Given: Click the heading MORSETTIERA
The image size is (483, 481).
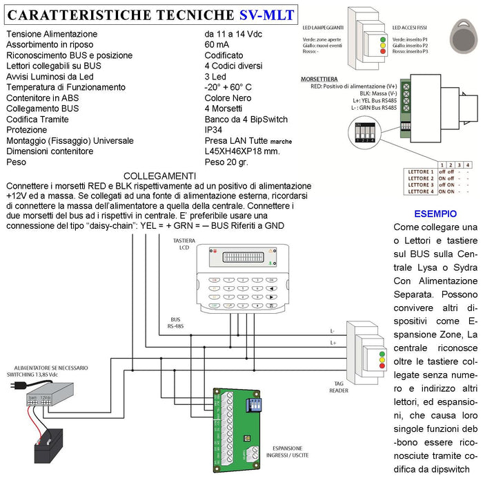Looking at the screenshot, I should click(319, 79).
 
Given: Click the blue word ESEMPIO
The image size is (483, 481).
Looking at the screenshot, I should click(435, 214).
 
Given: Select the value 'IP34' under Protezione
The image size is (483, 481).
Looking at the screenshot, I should click(215, 129).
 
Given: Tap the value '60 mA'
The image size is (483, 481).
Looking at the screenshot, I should click(219, 44).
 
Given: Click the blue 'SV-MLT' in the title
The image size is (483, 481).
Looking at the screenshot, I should click(265, 14).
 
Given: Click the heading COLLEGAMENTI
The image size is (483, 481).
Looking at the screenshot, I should click(159, 176).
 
